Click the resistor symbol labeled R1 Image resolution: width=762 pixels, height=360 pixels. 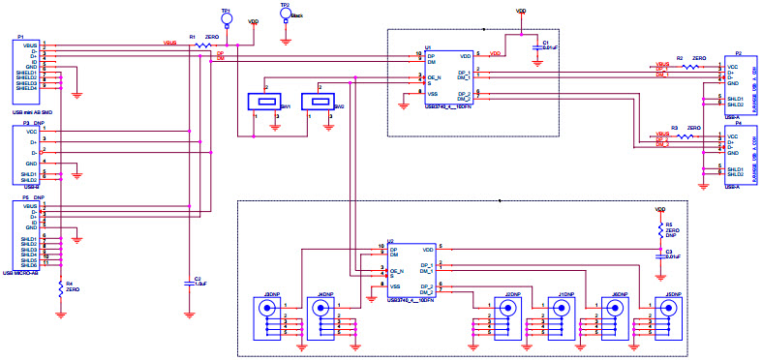[x=202, y=45]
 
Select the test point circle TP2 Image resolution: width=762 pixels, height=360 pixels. [x=285, y=14]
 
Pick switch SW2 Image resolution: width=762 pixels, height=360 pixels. [x=316, y=101]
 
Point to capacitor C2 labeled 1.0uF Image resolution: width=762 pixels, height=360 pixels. [x=189, y=283]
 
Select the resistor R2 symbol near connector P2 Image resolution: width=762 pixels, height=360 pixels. [x=690, y=68]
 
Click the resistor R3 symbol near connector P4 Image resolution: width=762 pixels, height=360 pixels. [x=686, y=136]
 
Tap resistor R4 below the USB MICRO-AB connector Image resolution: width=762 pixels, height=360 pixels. [x=61, y=286]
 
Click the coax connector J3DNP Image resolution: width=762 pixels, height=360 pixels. [x=268, y=311]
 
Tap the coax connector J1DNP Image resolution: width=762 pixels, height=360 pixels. [x=559, y=309]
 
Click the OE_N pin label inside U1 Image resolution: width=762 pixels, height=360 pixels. [x=435, y=75]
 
